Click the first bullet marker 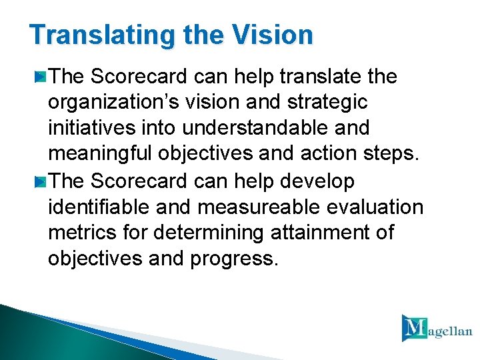pyautogui.click(x=41, y=78)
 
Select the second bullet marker pyautogui.click(x=41, y=182)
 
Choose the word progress pyautogui.click(x=233, y=259)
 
